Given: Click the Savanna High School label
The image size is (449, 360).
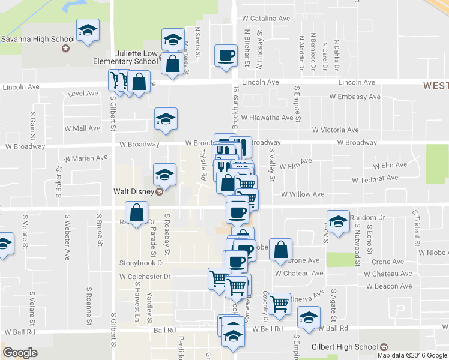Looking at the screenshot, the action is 34,40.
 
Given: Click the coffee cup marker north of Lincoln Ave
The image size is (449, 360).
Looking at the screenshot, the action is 226,56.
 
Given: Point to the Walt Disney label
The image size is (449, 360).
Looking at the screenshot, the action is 133,192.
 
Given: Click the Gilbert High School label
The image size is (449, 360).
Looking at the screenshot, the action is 345,347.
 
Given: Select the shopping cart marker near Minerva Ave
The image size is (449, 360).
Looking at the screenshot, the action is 279,304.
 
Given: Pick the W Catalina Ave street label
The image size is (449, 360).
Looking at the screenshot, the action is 267,19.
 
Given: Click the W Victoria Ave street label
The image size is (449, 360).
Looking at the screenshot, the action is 335,130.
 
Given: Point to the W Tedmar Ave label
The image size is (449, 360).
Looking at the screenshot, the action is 375,179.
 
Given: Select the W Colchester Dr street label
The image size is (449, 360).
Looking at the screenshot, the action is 145,277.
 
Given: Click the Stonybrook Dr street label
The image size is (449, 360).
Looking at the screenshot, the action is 142,263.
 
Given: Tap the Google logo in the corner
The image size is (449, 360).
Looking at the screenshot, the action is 20,353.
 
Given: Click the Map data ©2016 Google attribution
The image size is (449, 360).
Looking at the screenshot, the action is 412,355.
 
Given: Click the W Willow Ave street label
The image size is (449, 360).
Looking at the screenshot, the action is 302,194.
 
